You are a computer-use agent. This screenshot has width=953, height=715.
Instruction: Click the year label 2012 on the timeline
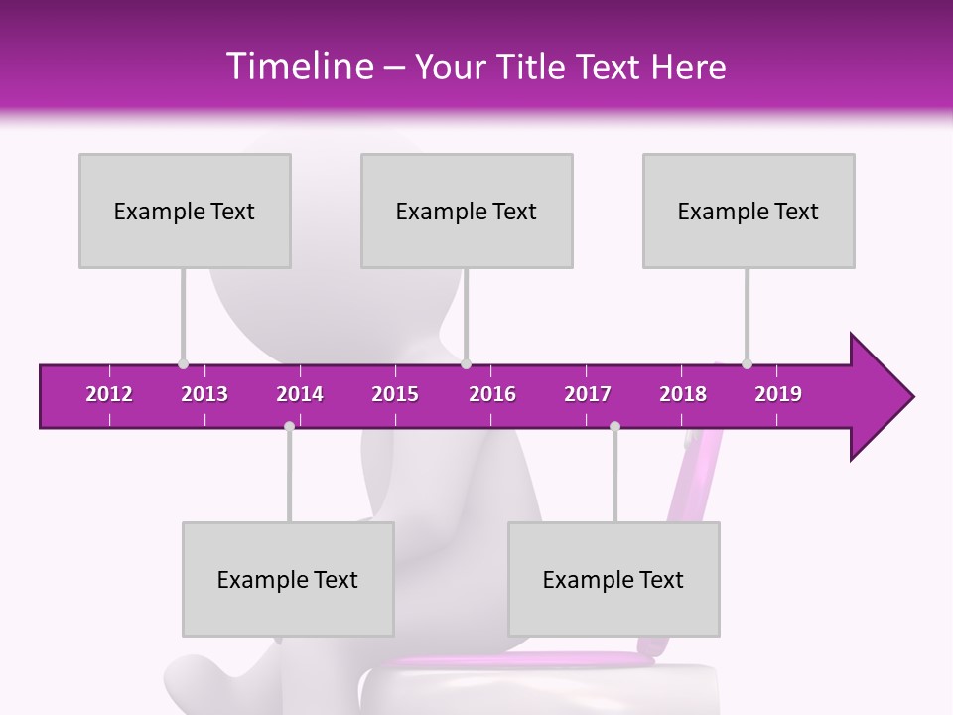tap(109, 394)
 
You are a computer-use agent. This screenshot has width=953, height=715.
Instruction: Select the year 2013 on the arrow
tap(204, 394)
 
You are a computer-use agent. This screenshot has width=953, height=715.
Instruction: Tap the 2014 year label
tap(300, 394)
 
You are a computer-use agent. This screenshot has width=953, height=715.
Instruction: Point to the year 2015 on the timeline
tap(395, 394)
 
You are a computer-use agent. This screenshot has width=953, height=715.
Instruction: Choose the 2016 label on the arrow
tap(492, 394)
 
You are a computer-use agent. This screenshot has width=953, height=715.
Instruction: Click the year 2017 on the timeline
tap(588, 394)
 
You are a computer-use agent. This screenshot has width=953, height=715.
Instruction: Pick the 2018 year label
tap(683, 394)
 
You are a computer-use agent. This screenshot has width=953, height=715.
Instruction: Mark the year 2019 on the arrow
tap(778, 394)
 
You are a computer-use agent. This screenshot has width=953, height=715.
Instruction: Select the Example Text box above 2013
tap(185, 211)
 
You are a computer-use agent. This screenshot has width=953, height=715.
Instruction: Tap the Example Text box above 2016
tap(467, 211)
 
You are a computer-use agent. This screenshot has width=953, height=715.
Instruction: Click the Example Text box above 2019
tap(749, 211)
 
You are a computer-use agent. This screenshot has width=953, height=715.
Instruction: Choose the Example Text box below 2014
tap(288, 579)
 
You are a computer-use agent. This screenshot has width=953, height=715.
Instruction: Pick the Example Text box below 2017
tap(613, 579)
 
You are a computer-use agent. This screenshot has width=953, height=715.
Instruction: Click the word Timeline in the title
tap(298, 67)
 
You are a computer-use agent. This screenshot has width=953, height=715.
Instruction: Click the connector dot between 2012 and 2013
tap(183, 363)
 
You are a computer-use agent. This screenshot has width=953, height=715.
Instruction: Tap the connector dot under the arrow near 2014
tap(289, 426)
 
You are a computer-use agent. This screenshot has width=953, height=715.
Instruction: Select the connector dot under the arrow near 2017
tap(614, 426)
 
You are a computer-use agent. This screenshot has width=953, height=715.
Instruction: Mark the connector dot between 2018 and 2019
tap(747, 363)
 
